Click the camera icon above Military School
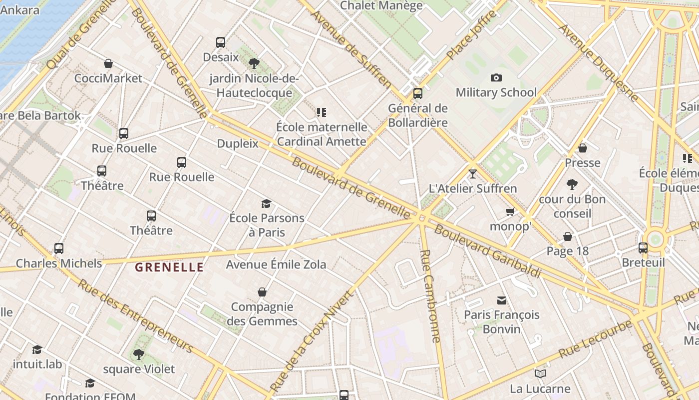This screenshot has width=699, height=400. [x=496, y=77]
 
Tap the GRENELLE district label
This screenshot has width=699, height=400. [x=169, y=267]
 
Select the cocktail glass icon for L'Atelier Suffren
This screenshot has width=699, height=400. [x=473, y=174]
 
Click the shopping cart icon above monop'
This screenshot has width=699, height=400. [x=510, y=212]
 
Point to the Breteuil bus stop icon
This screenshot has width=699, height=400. [x=643, y=248]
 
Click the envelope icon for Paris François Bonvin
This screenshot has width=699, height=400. [x=502, y=300]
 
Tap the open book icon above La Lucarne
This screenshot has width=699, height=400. [x=540, y=373]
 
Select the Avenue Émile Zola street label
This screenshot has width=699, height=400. [x=276, y=264]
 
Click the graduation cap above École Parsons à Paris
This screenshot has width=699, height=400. [x=266, y=203]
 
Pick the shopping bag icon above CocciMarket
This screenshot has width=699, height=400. [x=108, y=63]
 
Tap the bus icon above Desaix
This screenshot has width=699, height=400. [x=221, y=42]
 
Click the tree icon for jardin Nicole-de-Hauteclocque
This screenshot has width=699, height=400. [x=254, y=63]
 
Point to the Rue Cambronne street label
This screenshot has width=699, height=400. [x=430, y=296]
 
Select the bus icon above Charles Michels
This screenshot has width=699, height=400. [x=59, y=248]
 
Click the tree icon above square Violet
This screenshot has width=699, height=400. [x=139, y=354]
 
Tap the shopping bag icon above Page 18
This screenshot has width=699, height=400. [x=568, y=236]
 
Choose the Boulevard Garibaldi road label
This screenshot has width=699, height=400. [x=488, y=251]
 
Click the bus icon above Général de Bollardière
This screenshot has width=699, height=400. [x=418, y=93]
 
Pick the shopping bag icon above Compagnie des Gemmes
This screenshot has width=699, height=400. [x=262, y=292]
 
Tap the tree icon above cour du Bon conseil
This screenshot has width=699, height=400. [x=572, y=184]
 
